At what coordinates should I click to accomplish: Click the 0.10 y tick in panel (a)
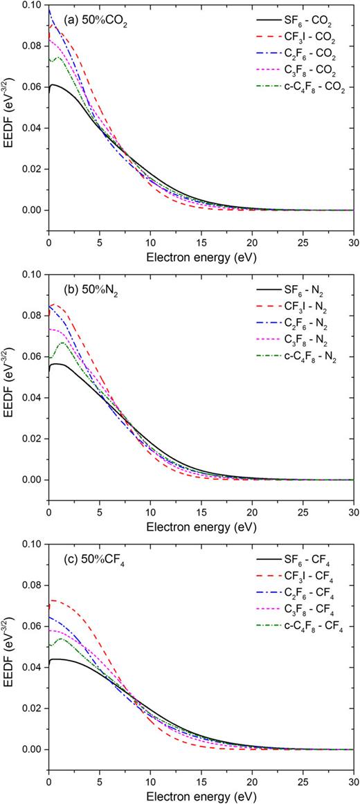point(30,6)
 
